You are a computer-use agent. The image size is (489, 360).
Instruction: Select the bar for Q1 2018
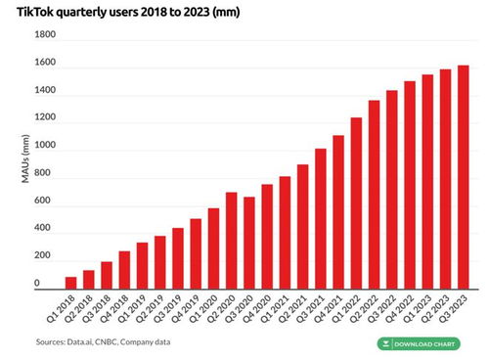[71, 283]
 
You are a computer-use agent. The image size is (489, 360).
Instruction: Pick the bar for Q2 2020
[231, 240]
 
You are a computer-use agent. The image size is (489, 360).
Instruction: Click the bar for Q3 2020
[249, 243]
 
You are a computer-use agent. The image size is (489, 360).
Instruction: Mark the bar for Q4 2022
[410, 185]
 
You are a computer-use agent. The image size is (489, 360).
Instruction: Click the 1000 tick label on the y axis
[45, 146]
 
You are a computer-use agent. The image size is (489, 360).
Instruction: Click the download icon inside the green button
[388, 344]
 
